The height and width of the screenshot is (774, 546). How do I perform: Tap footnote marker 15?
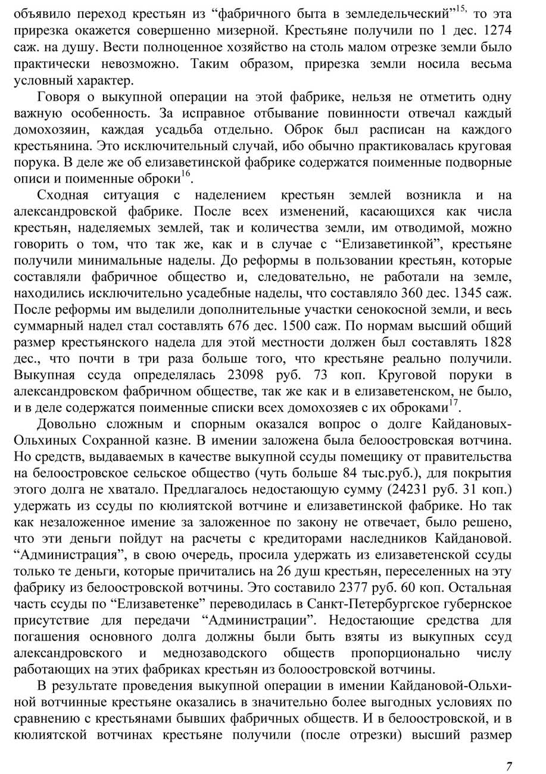coord(461,8)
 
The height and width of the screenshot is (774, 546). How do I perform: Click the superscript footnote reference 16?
coord(186,174)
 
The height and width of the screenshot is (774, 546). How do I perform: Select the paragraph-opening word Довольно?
coord(67,425)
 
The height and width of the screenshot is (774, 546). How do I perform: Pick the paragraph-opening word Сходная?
coord(63,195)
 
